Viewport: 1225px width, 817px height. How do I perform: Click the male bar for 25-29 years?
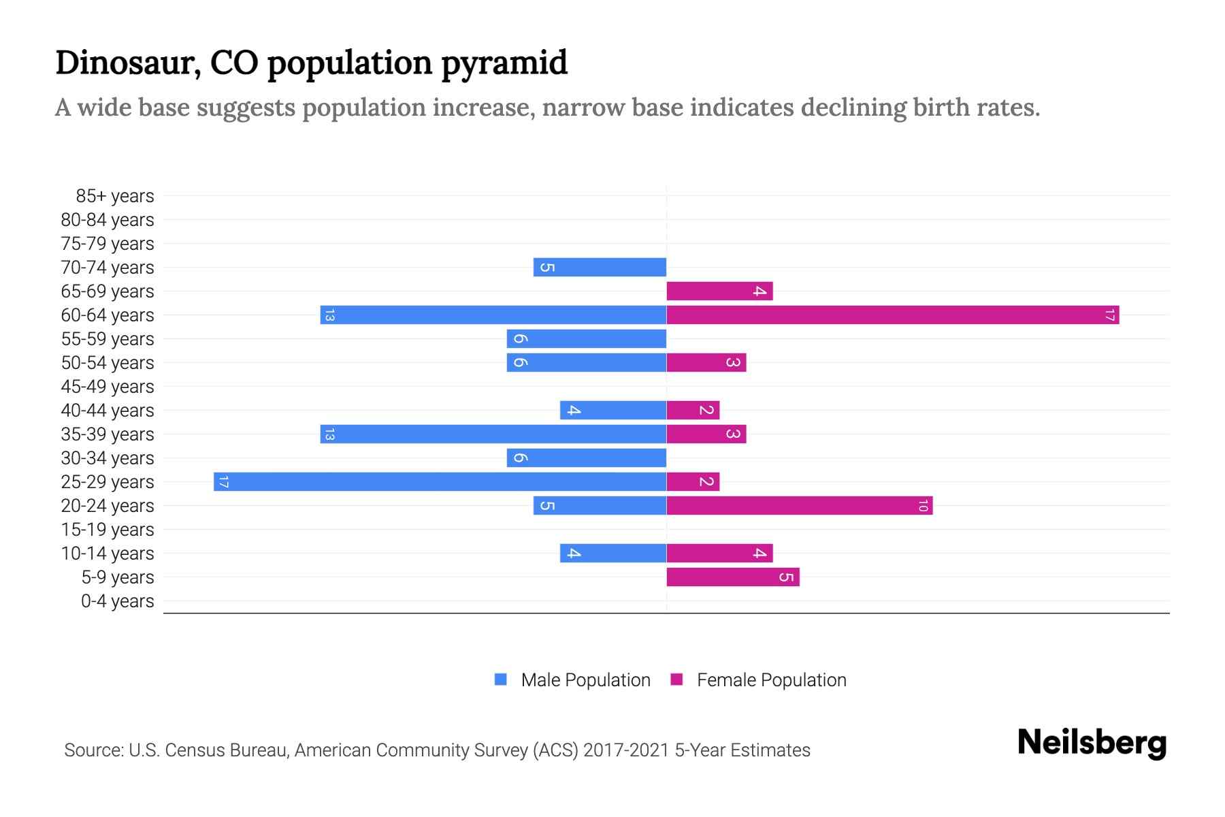point(440,482)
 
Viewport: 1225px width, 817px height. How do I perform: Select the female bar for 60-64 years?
point(893,315)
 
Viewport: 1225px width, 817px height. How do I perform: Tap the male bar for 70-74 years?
point(600,268)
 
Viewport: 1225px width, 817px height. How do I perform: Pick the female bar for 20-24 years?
point(800,506)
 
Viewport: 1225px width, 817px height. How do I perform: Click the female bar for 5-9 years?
point(733,577)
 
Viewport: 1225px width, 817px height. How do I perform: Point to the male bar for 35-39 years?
point(493,434)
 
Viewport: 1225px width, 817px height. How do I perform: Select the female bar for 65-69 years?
point(719,291)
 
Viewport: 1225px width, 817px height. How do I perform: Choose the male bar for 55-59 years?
point(587,339)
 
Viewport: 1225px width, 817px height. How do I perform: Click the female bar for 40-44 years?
point(693,411)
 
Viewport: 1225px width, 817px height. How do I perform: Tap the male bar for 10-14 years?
point(613,554)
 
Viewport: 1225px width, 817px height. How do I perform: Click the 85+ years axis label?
point(114,196)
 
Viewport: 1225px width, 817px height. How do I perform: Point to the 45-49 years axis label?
point(108,387)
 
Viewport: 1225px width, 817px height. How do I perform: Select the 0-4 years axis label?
point(117,601)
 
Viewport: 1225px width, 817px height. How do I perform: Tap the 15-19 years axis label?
point(108,530)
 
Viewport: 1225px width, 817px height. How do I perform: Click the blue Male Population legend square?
point(501,679)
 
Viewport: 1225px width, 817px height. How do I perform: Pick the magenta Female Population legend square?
point(676,679)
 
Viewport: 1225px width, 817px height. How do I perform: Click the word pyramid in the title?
point(504,63)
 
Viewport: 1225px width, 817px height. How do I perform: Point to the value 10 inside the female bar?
point(923,506)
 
